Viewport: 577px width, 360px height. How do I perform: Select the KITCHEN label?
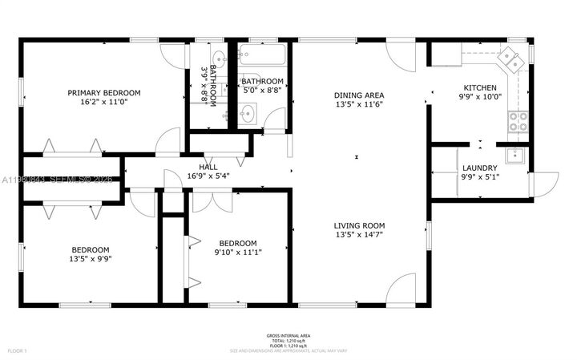480,87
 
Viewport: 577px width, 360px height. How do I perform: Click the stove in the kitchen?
518,121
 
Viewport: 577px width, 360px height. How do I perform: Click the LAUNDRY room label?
480,168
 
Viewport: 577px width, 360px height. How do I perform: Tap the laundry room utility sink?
514,156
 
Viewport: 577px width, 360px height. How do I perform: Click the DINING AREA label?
358,95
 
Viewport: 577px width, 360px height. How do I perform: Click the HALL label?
208,167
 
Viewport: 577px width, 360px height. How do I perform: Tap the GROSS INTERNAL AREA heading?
288,335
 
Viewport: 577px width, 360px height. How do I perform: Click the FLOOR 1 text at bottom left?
17,350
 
